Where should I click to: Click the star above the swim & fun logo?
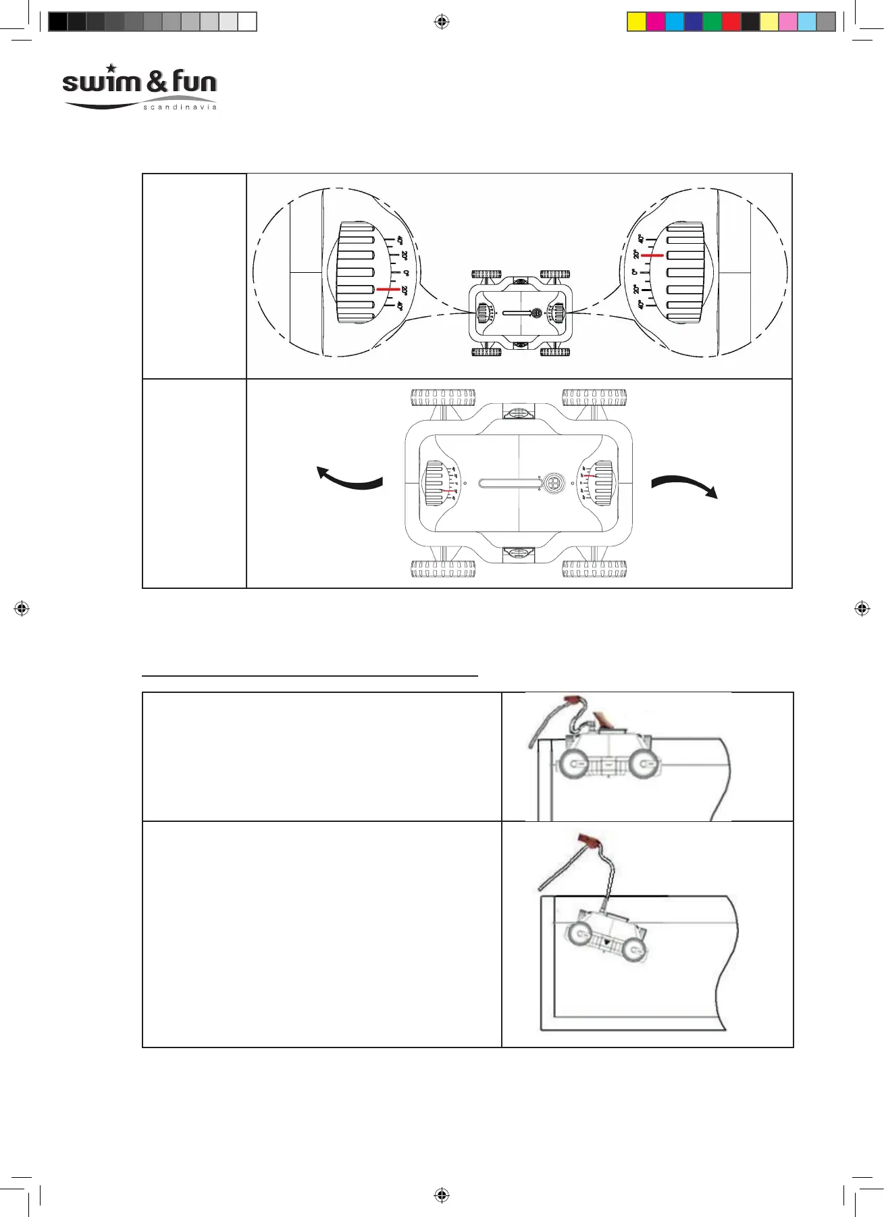(111, 68)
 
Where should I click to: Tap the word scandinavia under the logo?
(180, 107)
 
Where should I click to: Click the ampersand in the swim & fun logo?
(156, 82)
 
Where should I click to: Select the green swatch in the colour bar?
(712, 22)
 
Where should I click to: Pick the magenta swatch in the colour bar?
(655, 22)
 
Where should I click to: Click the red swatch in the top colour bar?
(731, 22)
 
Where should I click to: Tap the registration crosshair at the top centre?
(441, 22)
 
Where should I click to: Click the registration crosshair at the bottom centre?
(441, 1195)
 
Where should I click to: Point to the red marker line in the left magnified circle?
(388, 289)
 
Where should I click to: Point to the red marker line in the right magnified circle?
(652, 256)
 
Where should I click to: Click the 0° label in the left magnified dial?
(406, 273)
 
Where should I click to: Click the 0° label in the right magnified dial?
(634, 272)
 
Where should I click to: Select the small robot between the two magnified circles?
(521, 313)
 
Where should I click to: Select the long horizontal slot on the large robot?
(509, 484)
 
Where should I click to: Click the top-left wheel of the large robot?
(443, 397)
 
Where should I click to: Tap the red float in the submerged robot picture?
(589, 842)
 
